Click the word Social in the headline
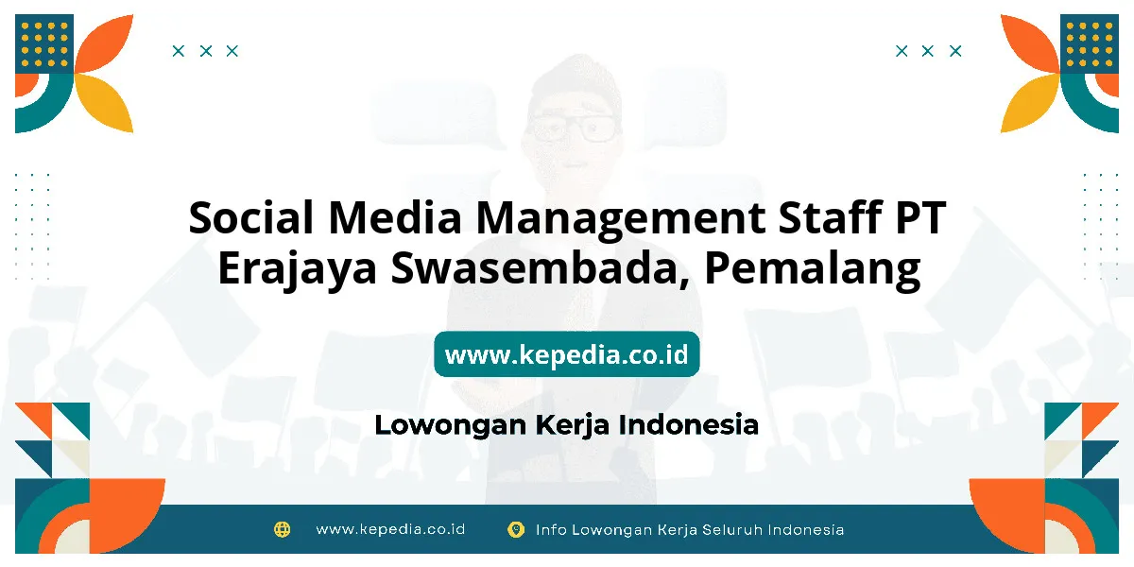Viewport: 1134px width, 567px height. (x=251, y=217)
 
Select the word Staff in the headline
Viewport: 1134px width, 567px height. (x=831, y=216)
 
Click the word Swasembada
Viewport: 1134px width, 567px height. (x=540, y=268)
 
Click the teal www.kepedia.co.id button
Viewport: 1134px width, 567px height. (x=567, y=354)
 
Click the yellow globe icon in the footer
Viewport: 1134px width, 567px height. (x=282, y=529)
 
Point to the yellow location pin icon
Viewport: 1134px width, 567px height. (x=516, y=529)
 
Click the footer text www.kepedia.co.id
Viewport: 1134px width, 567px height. (x=390, y=529)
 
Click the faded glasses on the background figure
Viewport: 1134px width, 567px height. (x=573, y=129)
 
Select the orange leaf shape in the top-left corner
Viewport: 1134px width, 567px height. (x=104, y=43)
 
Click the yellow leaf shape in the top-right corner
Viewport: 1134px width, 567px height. (x=1030, y=104)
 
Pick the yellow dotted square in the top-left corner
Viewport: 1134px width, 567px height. (x=44, y=44)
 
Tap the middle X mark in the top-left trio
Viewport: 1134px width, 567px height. (x=206, y=51)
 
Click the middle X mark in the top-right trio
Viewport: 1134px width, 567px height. (x=927, y=51)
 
